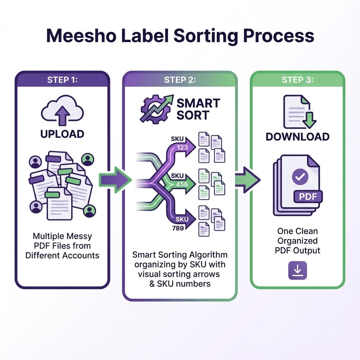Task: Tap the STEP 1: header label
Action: (62, 80)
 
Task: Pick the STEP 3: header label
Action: (297, 80)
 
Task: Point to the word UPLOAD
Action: (62, 134)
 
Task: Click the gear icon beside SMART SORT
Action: (154, 109)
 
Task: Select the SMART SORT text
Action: (198, 109)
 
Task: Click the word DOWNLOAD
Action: (297, 136)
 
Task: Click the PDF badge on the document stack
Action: (307, 196)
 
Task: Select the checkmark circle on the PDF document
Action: (300, 178)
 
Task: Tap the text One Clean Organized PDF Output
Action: (297, 241)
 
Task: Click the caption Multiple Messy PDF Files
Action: (62, 245)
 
